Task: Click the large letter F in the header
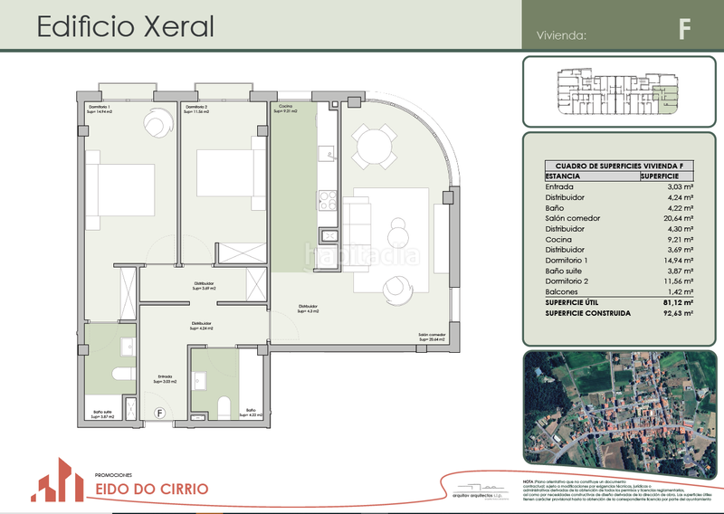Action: [685, 29]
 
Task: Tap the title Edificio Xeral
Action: [126, 26]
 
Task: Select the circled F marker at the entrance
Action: [160, 414]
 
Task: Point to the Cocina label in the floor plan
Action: [285, 109]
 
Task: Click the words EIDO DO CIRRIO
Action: [151, 490]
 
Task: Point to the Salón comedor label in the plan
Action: [431, 335]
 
